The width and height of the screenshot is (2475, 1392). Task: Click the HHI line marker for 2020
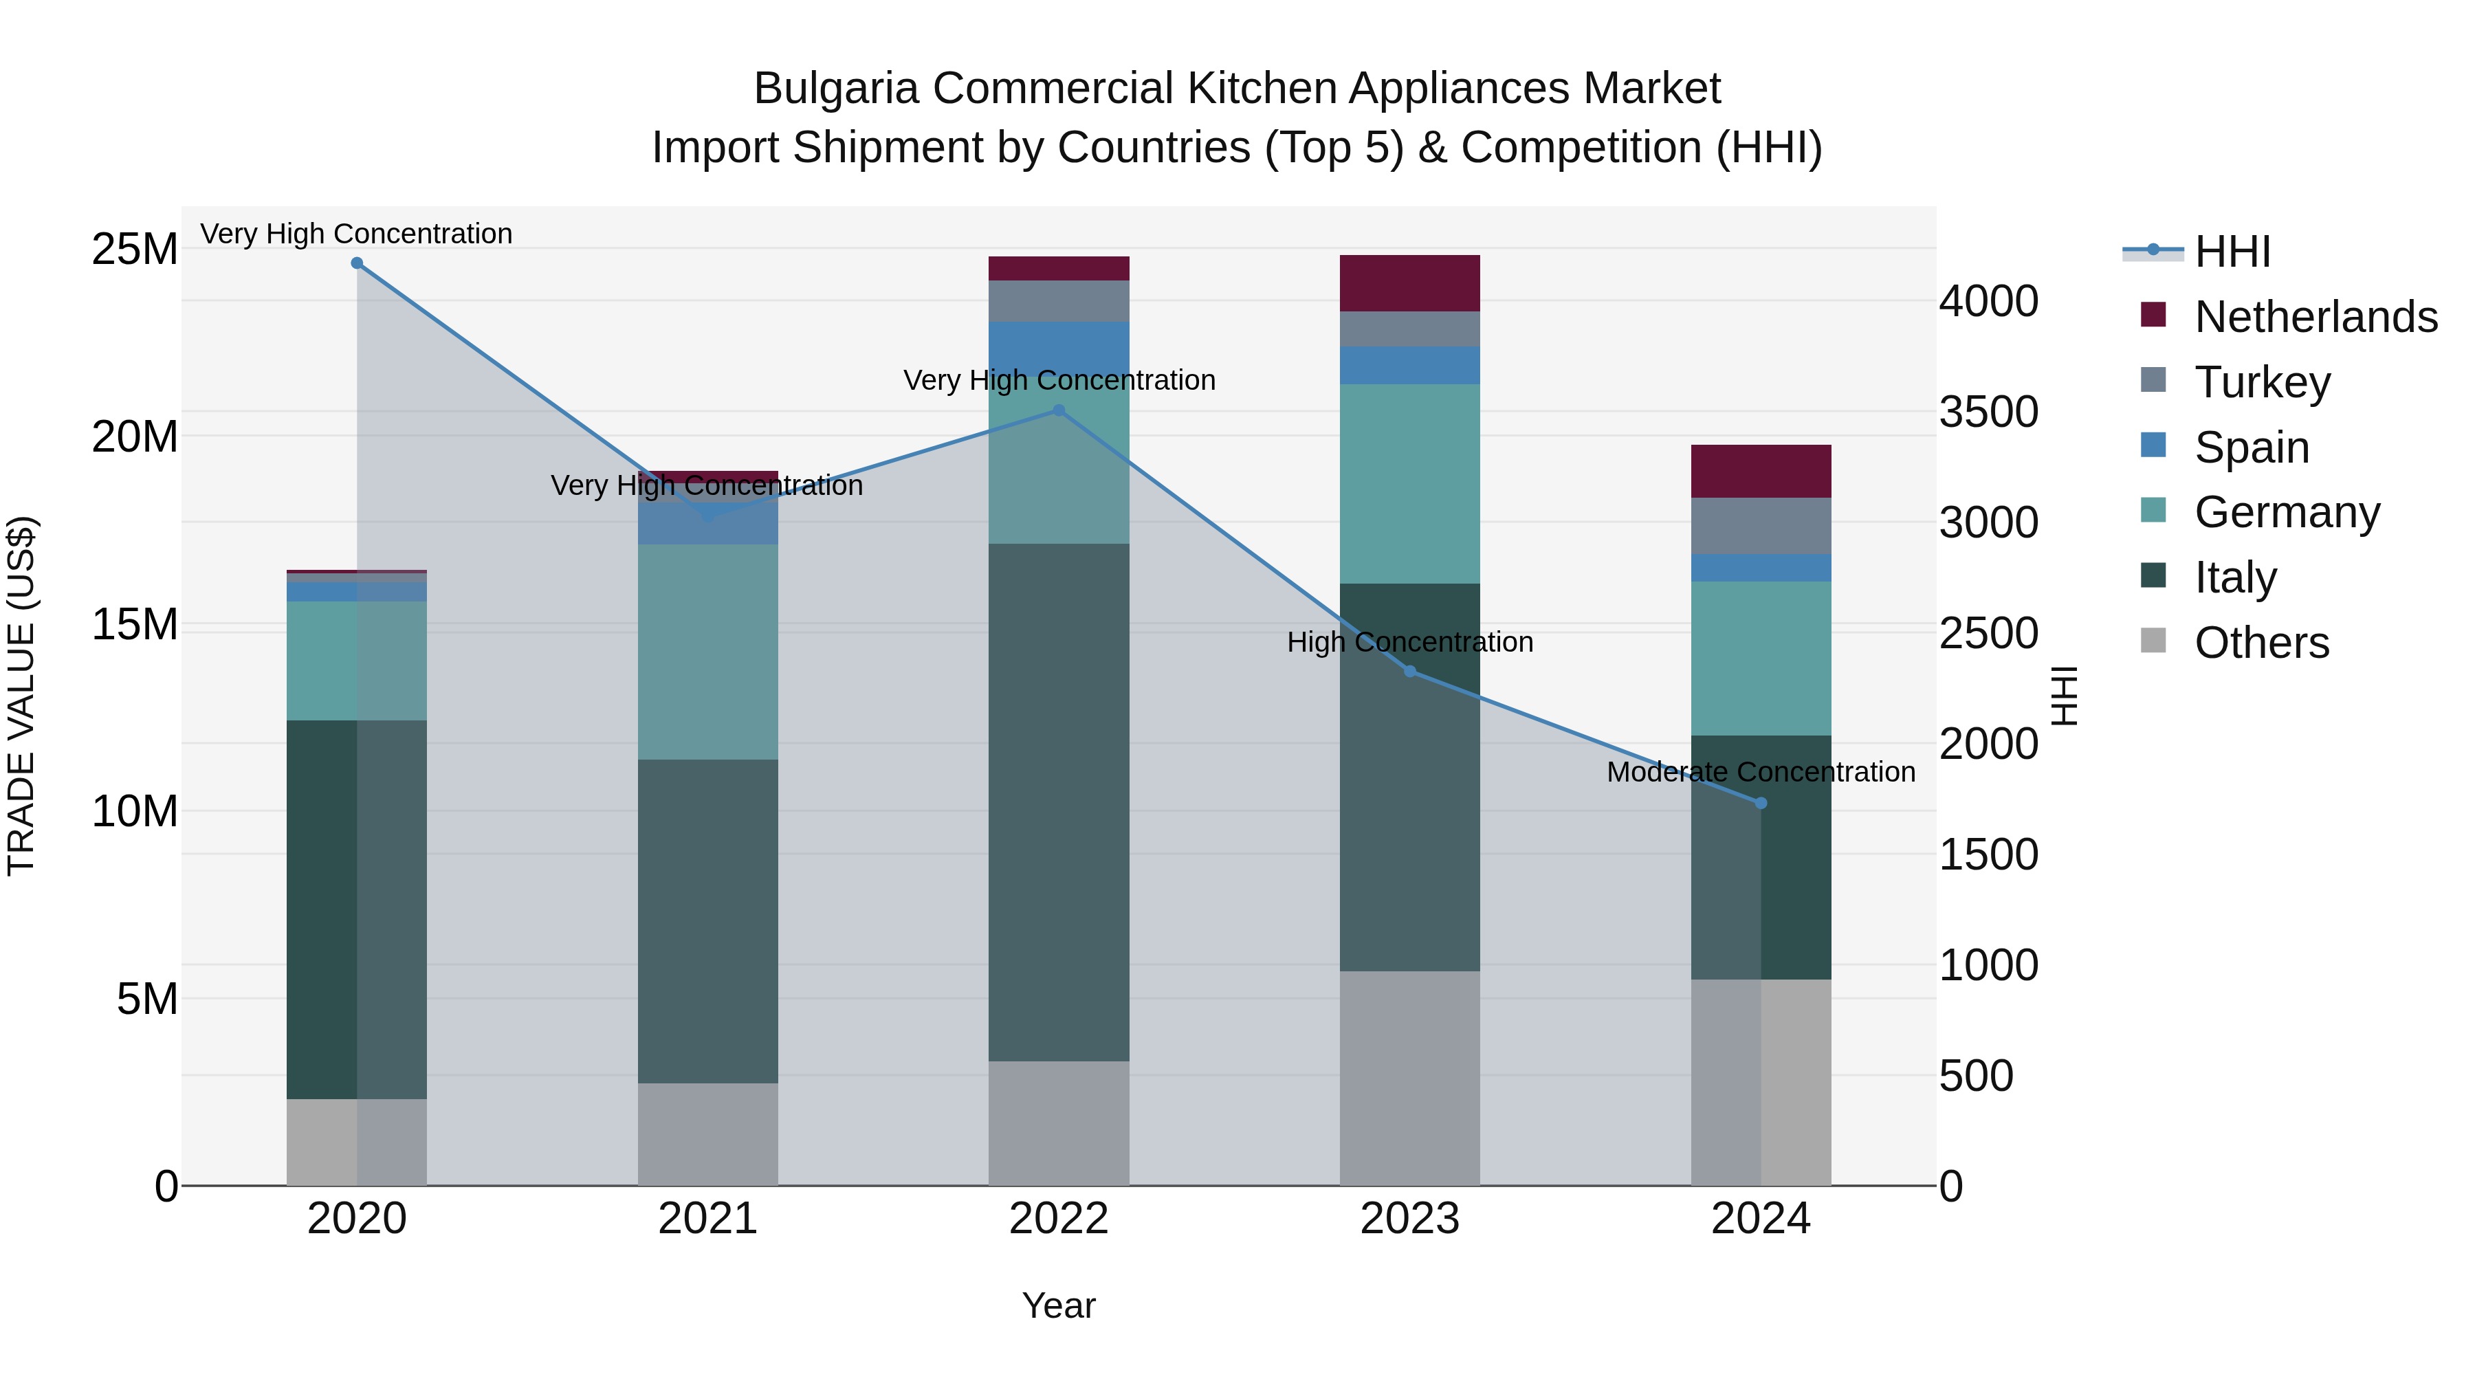coord(356,263)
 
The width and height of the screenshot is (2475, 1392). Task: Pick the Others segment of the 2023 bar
coord(1409,1078)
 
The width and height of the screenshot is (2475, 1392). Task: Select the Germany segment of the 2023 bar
coord(1409,483)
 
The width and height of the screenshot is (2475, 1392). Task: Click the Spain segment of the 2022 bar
coord(1059,344)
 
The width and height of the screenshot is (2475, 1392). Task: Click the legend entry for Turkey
coord(2262,382)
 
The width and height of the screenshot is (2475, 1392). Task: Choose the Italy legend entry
coord(2235,577)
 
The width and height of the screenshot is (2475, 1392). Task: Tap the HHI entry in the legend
coord(2232,252)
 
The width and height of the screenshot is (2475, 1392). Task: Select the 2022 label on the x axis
coord(1059,1219)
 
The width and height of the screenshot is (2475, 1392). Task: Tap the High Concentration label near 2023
coord(1409,643)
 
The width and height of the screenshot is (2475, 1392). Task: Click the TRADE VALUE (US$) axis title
coord(21,696)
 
